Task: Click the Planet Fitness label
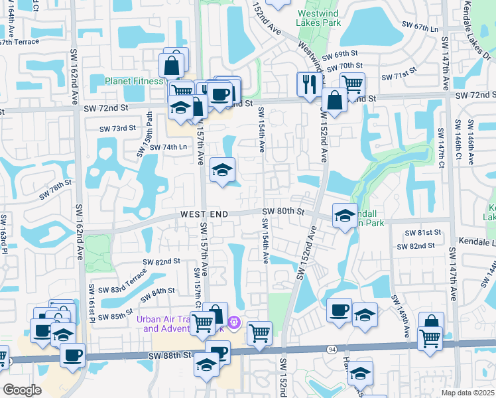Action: coord(133,81)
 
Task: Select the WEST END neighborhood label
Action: coord(204,214)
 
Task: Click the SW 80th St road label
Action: coord(282,212)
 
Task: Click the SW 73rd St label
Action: coord(118,128)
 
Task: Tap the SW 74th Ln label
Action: coord(168,147)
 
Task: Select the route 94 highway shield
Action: coord(330,348)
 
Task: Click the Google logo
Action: coord(22,390)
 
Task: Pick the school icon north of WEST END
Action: coord(222,170)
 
